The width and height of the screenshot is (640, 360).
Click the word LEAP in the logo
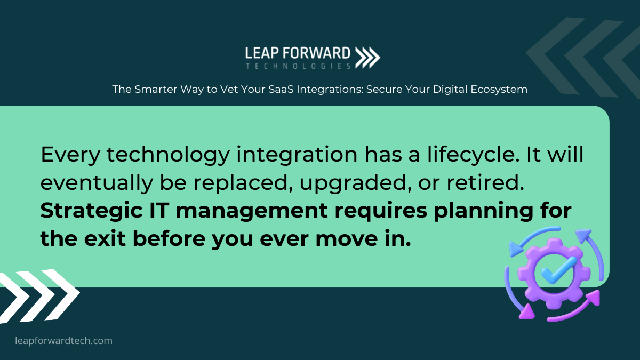262,53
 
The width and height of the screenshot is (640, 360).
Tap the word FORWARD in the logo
317,53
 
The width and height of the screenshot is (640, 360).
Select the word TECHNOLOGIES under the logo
298,66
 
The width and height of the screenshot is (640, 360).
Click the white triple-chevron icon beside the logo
367,58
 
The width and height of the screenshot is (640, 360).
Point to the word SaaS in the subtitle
281,90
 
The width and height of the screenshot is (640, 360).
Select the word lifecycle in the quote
473,155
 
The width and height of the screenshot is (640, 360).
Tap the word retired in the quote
485,182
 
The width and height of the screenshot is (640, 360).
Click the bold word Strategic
91,211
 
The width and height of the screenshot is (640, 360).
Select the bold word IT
159,211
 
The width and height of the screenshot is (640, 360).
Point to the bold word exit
105,238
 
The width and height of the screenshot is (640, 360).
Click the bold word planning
483,211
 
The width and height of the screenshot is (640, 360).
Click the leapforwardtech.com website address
63,341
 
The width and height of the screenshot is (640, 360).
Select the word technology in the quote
169,155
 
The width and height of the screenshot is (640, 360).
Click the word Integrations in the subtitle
330,90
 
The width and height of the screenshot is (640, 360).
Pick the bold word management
252,211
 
